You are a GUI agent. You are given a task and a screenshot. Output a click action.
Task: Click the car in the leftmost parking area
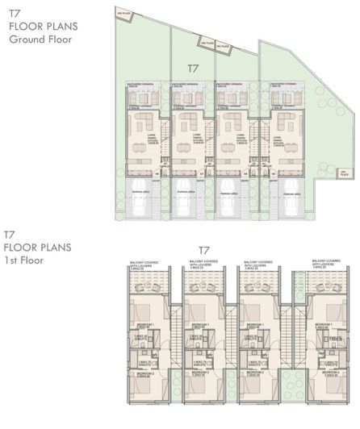(144, 207)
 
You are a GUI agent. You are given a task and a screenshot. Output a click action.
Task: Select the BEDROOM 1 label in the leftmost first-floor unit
(142, 323)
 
